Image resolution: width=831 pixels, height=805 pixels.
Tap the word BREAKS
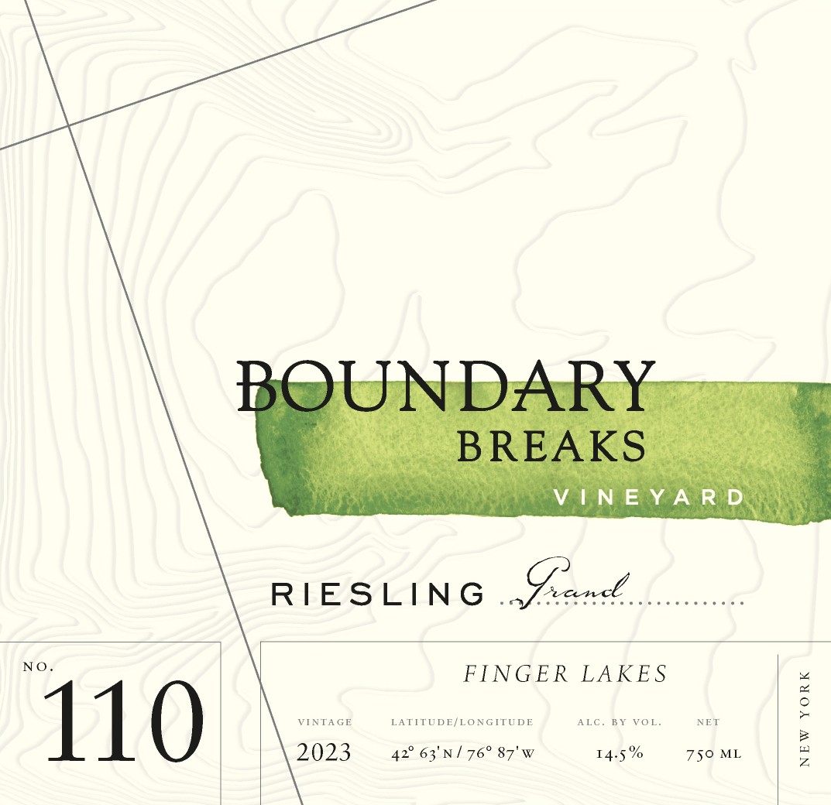pyautogui.click(x=551, y=447)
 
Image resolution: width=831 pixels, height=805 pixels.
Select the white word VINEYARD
pyautogui.click(x=649, y=497)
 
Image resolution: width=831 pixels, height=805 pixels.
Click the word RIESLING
pyautogui.click(x=377, y=594)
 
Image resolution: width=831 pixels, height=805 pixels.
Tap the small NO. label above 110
pyautogui.click(x=39, y=666)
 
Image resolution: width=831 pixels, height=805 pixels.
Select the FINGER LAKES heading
pyautogui.click(x=565, y=674)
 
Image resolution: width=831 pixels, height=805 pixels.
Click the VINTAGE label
pyautogui.click(x=325, y=722)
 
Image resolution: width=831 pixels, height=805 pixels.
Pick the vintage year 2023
pyautogui.click(x=324, y=752)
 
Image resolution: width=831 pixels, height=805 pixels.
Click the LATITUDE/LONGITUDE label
pyautogui.click(x=462, y=722)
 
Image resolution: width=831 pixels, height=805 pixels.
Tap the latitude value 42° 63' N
pyautogui.click(x=425, y=753)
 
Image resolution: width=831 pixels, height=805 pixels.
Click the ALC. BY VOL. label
pyautogui.click(x=619, y=722)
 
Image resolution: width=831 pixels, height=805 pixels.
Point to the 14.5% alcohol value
pyautogui.click(x=620, y=753)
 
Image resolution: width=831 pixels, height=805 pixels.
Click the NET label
pyautogui.click(x=708, y=722)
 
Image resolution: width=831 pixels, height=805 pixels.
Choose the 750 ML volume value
pyautogui.click(x=713, y=753)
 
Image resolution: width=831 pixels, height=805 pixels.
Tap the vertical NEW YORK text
pyautogui.click(x=805, y=719)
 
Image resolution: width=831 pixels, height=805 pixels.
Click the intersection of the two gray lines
pyautogui.click(x=68, y=125)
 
